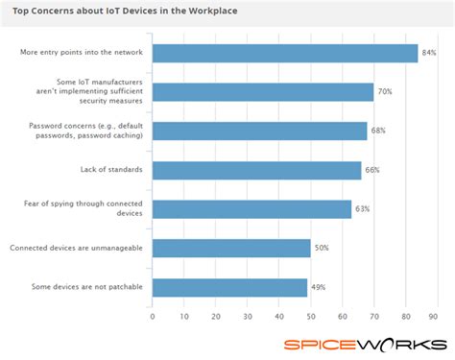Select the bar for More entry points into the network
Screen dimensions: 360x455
285,53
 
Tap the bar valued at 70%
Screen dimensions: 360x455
263,92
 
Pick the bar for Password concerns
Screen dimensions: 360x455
259,132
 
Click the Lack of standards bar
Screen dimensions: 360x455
256,170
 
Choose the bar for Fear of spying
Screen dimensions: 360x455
251,209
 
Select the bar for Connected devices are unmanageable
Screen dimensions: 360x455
231,249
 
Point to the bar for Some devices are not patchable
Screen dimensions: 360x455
229,287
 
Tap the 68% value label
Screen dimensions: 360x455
379,129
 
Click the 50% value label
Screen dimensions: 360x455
323,249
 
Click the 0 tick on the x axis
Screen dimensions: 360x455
153,316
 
